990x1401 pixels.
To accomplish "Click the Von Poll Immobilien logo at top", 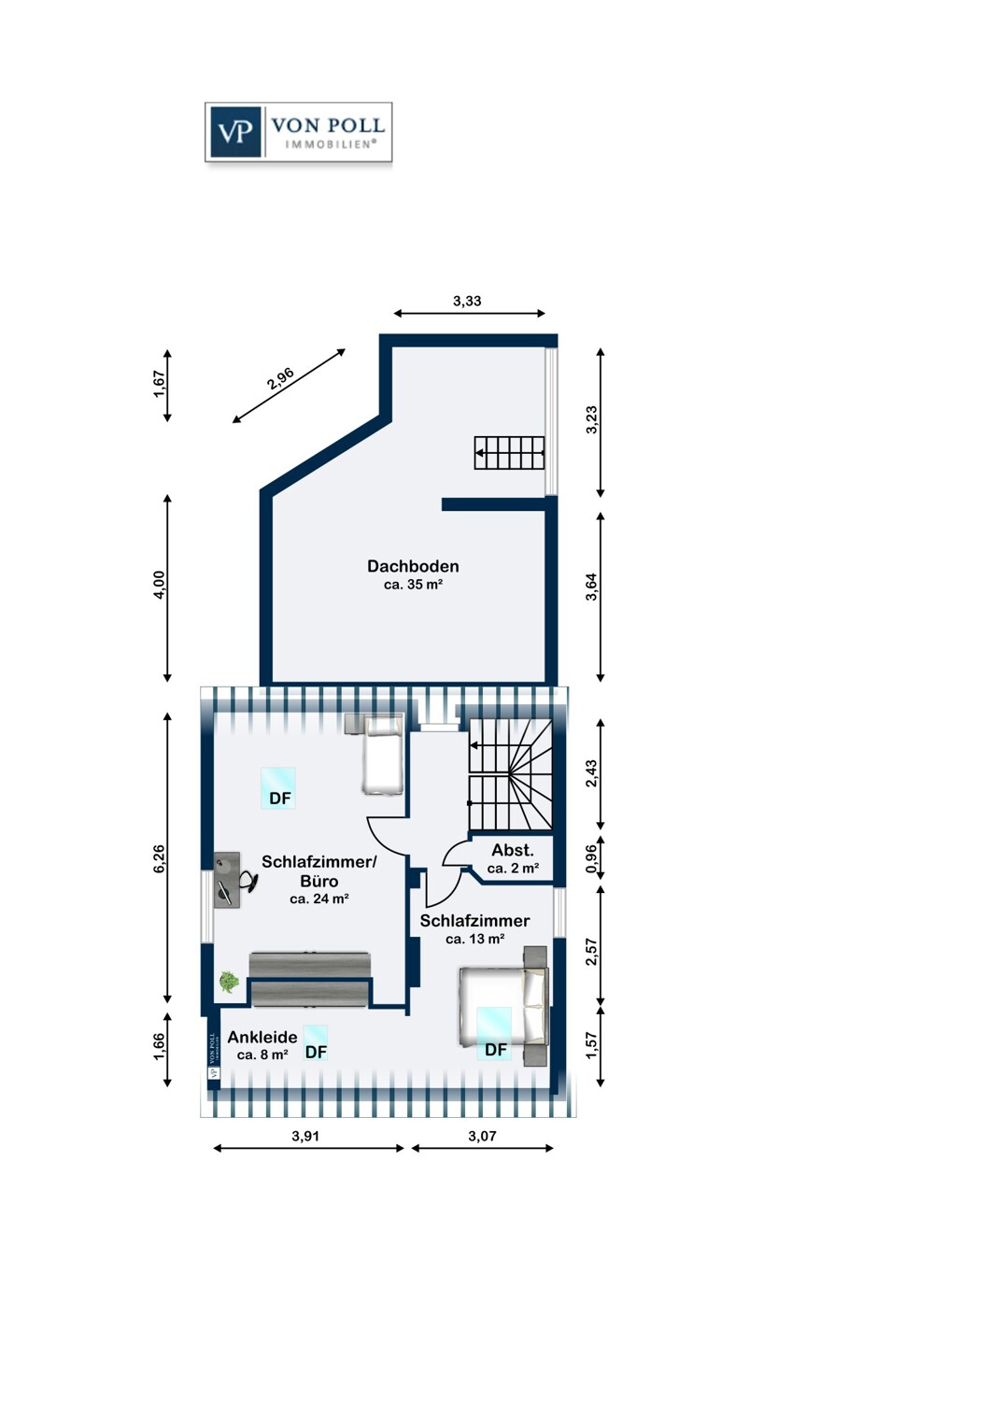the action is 298,133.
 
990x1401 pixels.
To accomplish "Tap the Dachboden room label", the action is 413,566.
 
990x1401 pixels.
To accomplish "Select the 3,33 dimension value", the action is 467,301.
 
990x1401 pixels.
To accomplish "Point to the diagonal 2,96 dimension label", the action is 280,379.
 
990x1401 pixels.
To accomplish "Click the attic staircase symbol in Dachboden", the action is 509,452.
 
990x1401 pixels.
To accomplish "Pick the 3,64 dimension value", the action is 591,587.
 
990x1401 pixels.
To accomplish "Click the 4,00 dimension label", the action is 159,586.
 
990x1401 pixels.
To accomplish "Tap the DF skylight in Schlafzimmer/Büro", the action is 278,788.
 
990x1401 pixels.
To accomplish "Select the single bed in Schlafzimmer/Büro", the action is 382,755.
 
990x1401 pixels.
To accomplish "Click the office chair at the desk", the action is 247,882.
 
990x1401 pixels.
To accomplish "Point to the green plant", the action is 229,982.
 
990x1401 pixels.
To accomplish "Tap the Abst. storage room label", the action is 513,850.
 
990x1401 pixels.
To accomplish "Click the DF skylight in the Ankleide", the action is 315,1042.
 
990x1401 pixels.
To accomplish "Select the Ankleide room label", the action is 262,1037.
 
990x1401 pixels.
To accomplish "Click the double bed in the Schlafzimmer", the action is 503,1006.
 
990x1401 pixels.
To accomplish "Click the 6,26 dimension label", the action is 159,858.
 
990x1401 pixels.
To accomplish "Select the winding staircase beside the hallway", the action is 511,774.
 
